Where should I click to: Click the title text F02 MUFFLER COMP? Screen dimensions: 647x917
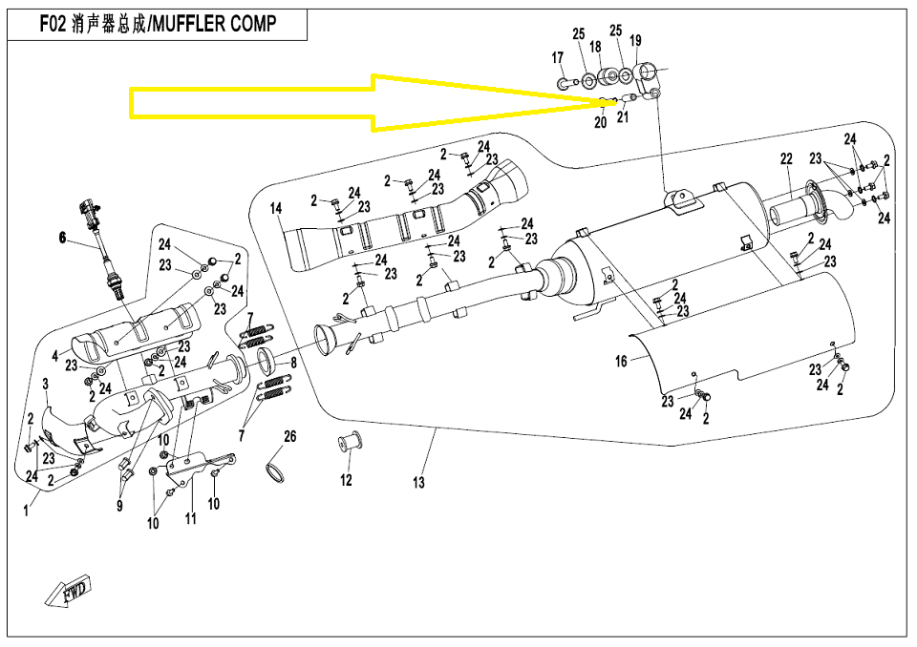pos(158,25)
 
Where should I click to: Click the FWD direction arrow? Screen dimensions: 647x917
pos(68,594)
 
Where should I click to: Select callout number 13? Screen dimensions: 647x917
pos(418,484)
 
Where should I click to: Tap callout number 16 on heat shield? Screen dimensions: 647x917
pos(621,362)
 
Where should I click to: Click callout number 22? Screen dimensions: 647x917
pos(786,158)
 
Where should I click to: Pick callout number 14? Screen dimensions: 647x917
pos(275,208)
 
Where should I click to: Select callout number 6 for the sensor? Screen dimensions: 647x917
pos(63,239)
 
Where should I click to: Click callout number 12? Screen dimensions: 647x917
pos(346,480)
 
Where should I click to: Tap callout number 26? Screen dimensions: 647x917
pos(289,437)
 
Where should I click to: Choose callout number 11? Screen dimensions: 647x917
pos(191,518)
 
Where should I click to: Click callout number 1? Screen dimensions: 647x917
pos(27,511)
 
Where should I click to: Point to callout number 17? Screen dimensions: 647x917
pos(558,58)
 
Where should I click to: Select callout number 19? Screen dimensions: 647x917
pos(636,40)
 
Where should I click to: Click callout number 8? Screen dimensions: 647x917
pos(293,363)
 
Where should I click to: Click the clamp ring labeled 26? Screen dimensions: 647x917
pos(275,470)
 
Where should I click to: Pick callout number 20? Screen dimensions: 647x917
pos(600,123)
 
